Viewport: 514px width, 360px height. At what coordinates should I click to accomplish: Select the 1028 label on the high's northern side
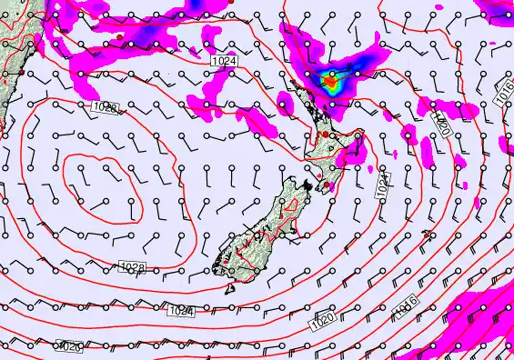(106, 107)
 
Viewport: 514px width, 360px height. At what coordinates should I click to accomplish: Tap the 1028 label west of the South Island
(133, 266)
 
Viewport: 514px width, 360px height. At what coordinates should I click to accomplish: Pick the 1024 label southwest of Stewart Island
(180, 311)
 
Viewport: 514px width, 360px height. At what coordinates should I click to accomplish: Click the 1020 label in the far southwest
(69, 345)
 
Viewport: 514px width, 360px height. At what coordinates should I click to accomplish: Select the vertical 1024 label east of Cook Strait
(382, 186)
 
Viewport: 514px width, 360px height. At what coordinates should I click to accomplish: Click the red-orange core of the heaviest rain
(331, 84)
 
